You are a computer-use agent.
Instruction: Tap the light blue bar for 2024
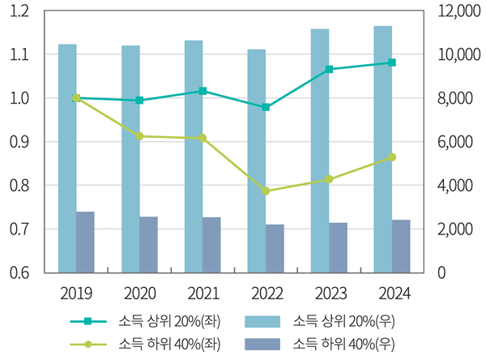(383, 149)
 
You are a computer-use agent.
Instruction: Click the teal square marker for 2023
(329, 70)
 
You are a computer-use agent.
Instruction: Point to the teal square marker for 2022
(266, 107)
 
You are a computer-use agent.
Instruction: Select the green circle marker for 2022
(266, 191)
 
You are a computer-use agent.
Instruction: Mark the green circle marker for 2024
(392, 157)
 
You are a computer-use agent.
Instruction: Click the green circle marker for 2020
(139, 136)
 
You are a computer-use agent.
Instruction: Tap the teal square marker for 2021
(202, 91)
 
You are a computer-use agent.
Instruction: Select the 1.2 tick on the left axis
(19, 11)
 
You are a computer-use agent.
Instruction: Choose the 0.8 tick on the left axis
(19, 186)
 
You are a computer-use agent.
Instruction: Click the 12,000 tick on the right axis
(454, 11)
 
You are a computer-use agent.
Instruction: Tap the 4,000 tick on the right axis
(450, 186)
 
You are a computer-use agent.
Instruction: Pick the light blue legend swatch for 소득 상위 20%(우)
(265, 320)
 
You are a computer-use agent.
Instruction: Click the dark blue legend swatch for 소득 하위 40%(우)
(265, 343)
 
